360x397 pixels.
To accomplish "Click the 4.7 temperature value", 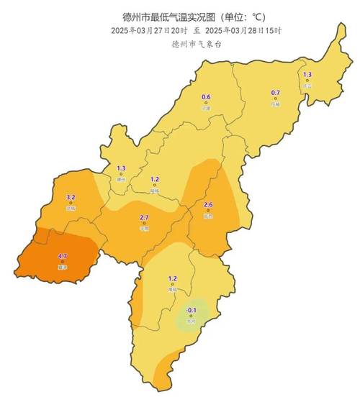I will [x=62, y=256].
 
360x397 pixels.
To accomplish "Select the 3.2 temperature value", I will [x=71, y=197].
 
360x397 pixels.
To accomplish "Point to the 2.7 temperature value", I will [x=143, y=217].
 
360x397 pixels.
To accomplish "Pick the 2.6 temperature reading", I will [x=208, y=205].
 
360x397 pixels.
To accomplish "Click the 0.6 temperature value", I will [x=206, y=97].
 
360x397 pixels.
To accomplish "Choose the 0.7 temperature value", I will [x=275, y=93].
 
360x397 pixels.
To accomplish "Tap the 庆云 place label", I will [x=307, y=86].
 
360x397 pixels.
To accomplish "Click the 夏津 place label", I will [x=62, y=268].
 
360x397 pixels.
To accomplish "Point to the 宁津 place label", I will [x=206, y=108].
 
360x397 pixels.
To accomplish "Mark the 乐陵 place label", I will [x=275, y=104].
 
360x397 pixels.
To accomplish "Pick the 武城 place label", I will [x=71, y=209].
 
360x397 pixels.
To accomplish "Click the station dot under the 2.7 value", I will [x=143, y=224].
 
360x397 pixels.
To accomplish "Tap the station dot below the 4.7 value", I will [x=62, y=263].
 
